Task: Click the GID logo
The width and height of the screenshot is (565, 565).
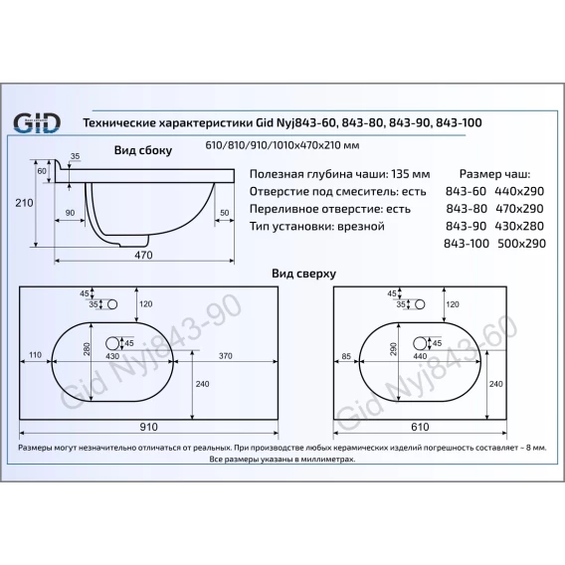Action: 37,123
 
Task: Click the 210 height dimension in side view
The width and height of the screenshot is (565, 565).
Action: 24,203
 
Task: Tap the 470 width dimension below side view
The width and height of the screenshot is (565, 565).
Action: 143,255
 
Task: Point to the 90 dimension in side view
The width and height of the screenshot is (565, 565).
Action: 70,213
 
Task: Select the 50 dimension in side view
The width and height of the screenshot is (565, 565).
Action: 224,213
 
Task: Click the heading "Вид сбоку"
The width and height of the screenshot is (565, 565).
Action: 143,150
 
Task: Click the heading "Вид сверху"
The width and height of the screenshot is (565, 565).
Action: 303,274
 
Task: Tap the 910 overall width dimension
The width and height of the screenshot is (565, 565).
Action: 148,427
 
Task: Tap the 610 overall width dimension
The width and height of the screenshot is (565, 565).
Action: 420,427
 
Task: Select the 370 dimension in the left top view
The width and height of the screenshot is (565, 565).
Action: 225,356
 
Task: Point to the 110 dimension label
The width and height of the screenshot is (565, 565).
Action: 35,355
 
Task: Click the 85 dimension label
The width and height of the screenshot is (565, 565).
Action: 346,356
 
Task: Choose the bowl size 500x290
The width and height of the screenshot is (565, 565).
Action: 521,244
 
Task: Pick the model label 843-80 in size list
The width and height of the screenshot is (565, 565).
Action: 467,209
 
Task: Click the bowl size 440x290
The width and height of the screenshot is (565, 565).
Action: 519,191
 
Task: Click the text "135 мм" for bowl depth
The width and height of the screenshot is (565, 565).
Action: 411,174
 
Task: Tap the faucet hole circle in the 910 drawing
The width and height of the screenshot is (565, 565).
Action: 112,304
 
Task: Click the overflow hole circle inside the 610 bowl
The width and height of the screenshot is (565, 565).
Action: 420,343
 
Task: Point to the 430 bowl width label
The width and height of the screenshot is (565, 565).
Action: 112,356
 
